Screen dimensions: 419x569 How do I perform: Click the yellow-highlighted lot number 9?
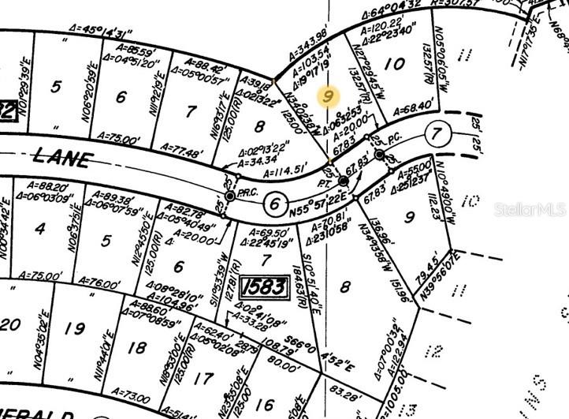(x=329, y=97)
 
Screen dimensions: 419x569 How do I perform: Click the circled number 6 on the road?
(x=274, y=203)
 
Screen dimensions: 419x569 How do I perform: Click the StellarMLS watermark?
(x=530, y=209)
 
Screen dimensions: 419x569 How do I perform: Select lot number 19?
(x=76, y=328)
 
